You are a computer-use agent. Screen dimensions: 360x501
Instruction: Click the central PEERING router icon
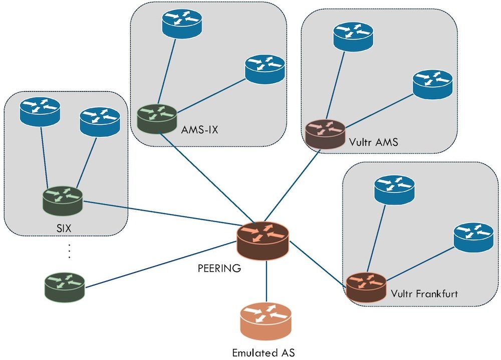[263, 239]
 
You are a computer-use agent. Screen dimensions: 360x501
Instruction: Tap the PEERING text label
[219, 268]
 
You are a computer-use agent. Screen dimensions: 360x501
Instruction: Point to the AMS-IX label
[200, 131]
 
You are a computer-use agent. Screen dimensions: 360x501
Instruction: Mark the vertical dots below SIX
[69, 251]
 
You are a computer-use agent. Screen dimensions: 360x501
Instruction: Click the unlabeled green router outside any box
[64, 287]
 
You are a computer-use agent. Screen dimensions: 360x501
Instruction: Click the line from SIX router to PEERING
[160, 214]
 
